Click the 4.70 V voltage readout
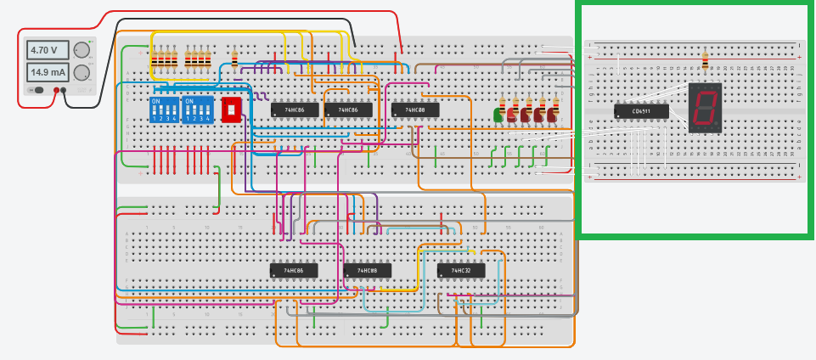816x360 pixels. [44, 50]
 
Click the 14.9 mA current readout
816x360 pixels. [44, 73]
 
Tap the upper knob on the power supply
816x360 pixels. [82, 50]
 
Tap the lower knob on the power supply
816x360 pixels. [82, 73]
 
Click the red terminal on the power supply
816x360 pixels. [57, 89]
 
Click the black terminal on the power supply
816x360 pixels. [65, 89]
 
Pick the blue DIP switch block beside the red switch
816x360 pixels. [198, 110]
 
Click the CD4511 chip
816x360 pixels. [641, 110]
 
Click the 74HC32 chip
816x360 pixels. [459, 271]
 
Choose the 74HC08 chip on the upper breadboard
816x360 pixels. [415, 110]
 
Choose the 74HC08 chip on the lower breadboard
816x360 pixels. [367, 271]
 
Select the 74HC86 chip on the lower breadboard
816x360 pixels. [293, 271]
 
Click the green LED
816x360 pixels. [498, 115]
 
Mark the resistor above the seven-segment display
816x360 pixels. [705, 60]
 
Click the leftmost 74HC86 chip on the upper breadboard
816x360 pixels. [295, 110]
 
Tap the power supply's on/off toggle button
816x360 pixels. [36, 89]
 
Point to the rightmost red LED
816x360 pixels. [553, 115]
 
